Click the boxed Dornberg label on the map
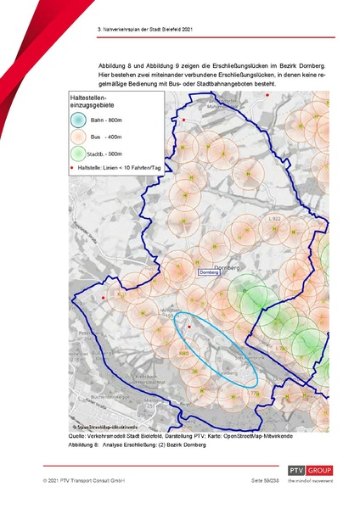(x=209, y=271)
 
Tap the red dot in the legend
(x=72, y=168)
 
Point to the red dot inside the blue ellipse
(x=188, y=326)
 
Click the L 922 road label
(x=273, y=219)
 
